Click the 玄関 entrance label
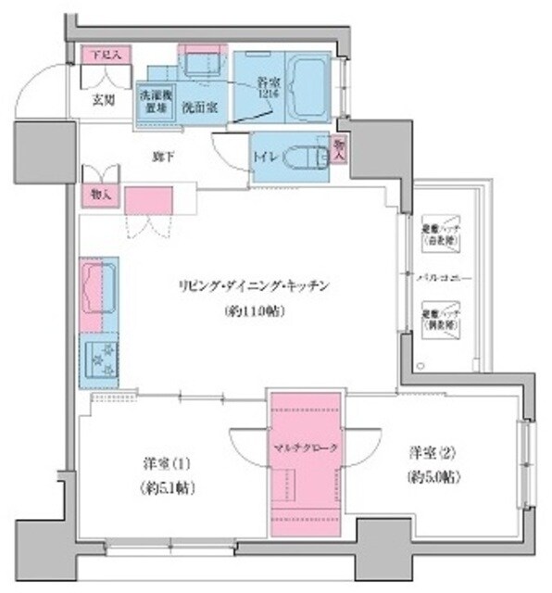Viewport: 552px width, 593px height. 103,102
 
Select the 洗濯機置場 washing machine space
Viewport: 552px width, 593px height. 153,101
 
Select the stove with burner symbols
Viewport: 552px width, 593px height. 99,358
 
